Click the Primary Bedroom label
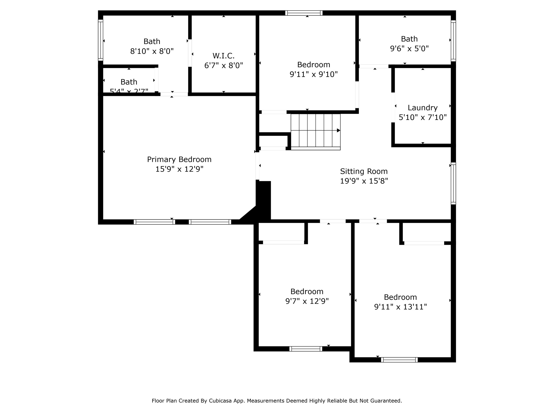tap(179, 159)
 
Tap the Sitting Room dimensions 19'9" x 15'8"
tap(364, 181)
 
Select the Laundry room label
tap(423, 108)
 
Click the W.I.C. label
tap(223, 56)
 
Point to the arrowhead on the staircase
tap(338, 130)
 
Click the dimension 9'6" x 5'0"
tap(409, 49)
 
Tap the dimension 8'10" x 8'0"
tap(152, 51)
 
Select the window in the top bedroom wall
tap(304, 13)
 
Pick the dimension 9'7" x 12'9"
tap(307, 301)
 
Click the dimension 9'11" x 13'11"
tap(400, 307)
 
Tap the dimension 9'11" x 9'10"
tap(314, 74)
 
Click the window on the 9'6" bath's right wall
tap(453, 41)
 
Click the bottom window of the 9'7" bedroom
tap(306, 349)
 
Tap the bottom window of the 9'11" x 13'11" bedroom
tap(399, 360)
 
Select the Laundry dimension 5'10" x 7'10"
tap(423, 118)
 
